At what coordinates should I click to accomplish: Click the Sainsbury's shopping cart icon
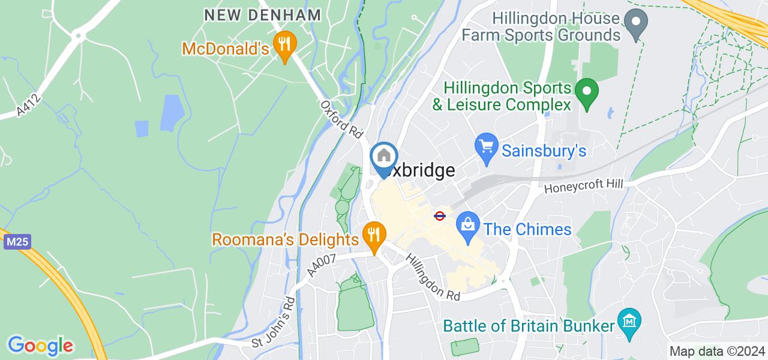(487, 148)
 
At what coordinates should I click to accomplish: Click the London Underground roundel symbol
(440, 215)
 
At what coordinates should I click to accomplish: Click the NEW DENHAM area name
(263, 16)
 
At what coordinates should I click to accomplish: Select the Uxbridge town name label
(420, 171)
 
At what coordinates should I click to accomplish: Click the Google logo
(41, 346)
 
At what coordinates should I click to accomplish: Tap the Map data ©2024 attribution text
(717, 352)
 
